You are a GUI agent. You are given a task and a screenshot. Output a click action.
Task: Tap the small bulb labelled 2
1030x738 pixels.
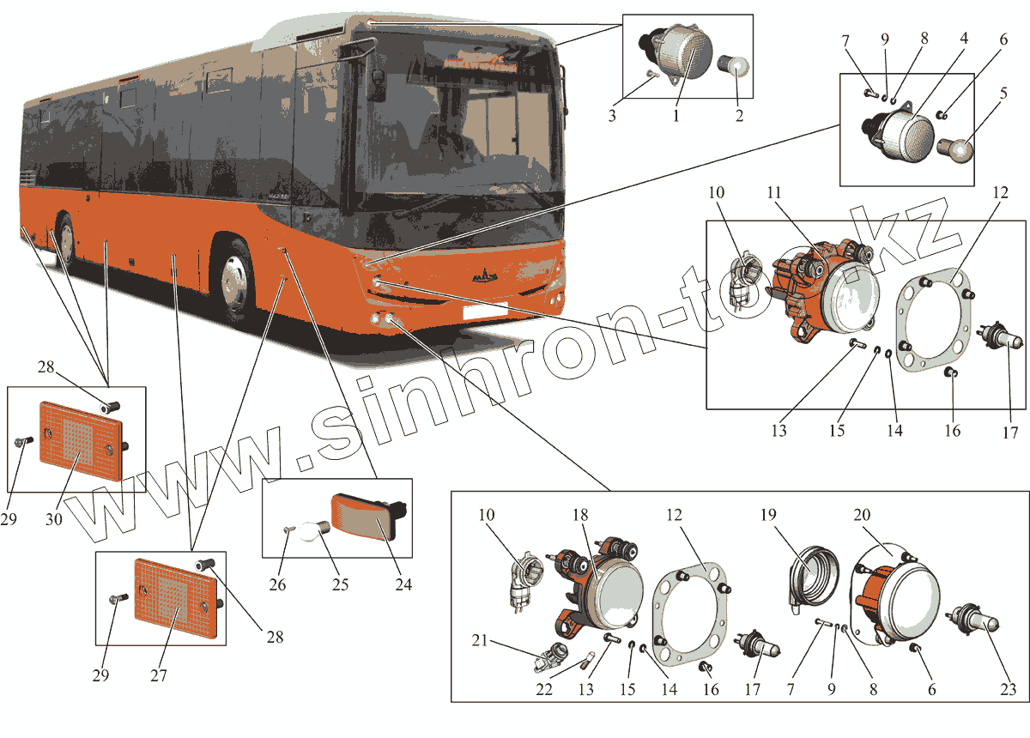[738, 66]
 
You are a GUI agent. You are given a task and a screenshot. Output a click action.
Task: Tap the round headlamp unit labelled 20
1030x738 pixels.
[901, 601]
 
